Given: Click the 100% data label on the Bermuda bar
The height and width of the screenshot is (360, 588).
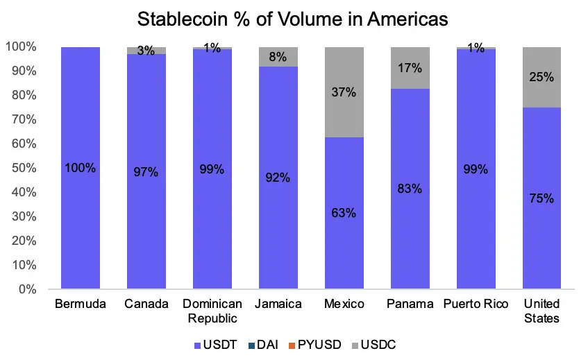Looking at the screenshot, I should click(80, 169).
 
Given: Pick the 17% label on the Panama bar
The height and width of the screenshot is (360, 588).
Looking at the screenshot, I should click(410, 68).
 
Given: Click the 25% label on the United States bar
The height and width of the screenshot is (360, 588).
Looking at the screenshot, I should click(541, 77).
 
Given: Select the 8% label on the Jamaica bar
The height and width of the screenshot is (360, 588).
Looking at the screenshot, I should click(278, 57).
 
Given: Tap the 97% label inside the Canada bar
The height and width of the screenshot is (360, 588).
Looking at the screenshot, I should click(146, 172).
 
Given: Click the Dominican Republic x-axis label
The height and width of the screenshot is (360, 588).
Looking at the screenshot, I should click(212, 311).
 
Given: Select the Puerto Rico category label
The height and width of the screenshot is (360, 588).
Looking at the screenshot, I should click(476, 305).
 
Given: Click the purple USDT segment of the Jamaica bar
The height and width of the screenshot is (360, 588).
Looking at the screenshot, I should click(278, 208).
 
